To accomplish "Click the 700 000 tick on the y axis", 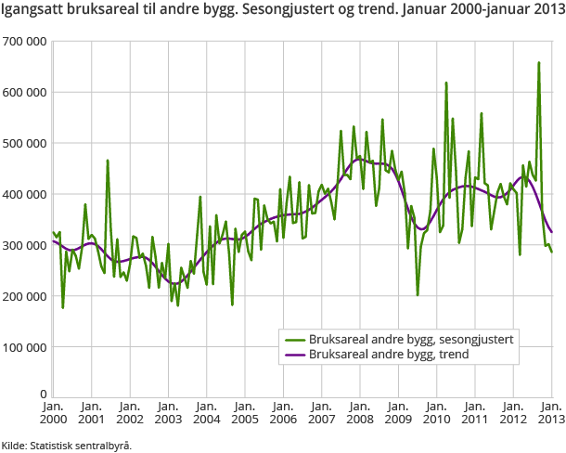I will pos(25,42).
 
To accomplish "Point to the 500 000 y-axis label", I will pos(25,144).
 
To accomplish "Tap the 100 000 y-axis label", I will pos(25,348).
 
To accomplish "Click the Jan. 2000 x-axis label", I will pos(53,412).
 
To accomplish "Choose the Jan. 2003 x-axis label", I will pos(168,412).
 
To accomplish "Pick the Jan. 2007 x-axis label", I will pos(321,412).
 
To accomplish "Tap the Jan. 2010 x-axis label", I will pos(436,412).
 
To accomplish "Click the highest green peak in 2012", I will pos(539,63).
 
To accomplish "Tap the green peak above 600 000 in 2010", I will pos(446,83).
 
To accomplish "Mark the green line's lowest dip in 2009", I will pos(418,294).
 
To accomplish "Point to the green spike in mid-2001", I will pos(108,161).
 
